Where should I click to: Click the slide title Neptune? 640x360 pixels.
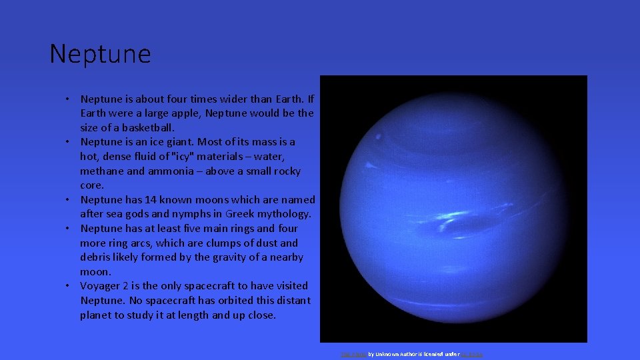coord(100,53)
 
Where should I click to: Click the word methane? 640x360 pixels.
coord(101,171)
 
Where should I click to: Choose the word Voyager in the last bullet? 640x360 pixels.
coord(101,286)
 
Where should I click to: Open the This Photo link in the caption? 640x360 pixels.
coord(353,355)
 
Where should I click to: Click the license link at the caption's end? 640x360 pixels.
coord(471,355)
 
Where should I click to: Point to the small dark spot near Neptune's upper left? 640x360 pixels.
coord(379,137)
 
